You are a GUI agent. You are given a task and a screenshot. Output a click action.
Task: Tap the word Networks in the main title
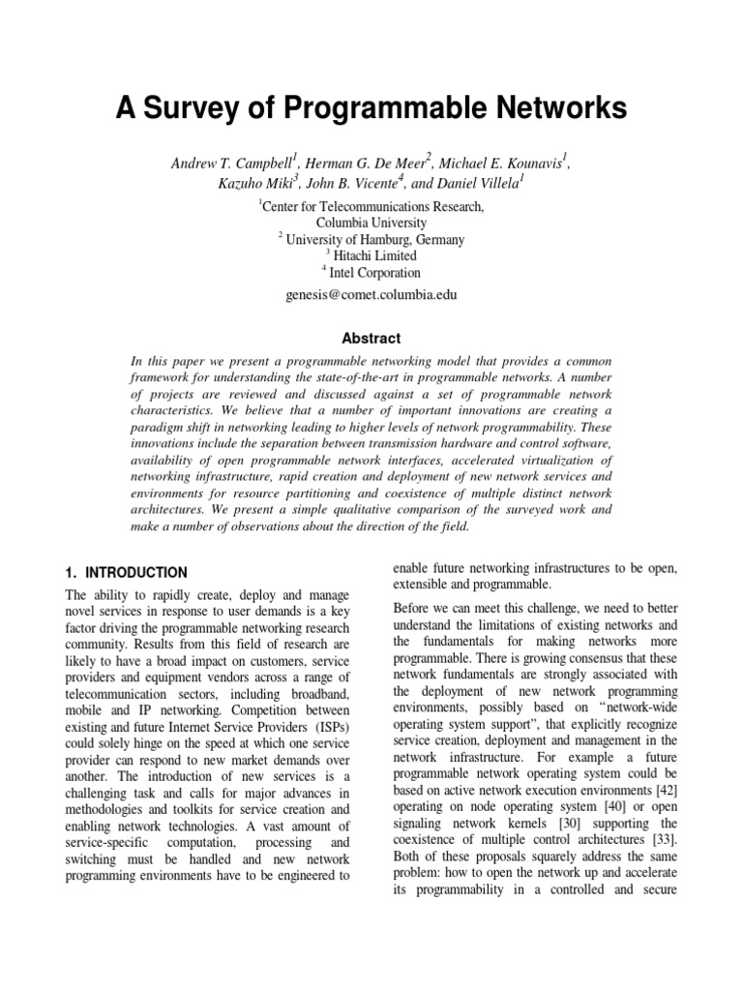550,108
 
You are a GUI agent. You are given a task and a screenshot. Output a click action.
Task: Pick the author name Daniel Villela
481,184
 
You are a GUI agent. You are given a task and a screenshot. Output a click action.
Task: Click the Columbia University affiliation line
371,223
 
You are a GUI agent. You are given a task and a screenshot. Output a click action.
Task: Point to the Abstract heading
371,339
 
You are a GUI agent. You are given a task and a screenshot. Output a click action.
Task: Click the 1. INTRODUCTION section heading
126,572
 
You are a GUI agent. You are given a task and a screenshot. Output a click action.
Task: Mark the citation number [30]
531,826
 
